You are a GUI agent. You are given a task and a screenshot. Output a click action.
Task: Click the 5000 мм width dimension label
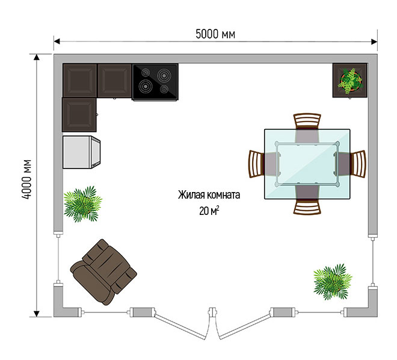[215, 34]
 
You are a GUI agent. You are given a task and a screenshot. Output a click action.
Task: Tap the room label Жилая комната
[209, 195]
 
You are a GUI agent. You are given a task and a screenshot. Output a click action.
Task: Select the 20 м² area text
[209, 211]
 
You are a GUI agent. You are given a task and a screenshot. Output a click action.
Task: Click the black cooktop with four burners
[155, 82]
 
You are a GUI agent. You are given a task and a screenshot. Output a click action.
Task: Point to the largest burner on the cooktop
[146, 86]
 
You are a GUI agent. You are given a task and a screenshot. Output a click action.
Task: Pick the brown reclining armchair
[103, 272]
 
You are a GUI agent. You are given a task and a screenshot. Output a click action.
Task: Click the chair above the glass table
[307, 122]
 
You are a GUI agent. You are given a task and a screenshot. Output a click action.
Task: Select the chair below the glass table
[307, 206]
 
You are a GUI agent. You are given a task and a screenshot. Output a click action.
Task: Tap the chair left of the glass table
[257, 164]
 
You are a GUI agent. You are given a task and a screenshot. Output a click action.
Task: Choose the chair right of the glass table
[358, 164]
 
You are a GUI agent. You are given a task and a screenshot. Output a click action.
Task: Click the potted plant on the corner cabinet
[350, 81]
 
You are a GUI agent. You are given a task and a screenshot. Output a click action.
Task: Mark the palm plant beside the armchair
[82, 204]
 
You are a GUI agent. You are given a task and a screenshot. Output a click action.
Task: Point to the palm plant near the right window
[333, 282]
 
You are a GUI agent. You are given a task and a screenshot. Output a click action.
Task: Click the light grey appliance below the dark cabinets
[81, 152]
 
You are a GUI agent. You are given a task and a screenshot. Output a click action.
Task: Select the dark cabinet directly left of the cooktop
[114, 81]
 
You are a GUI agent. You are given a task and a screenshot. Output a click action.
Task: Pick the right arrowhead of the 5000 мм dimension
[374, 42]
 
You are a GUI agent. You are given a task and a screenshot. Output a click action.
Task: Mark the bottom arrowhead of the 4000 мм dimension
[37, 314]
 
